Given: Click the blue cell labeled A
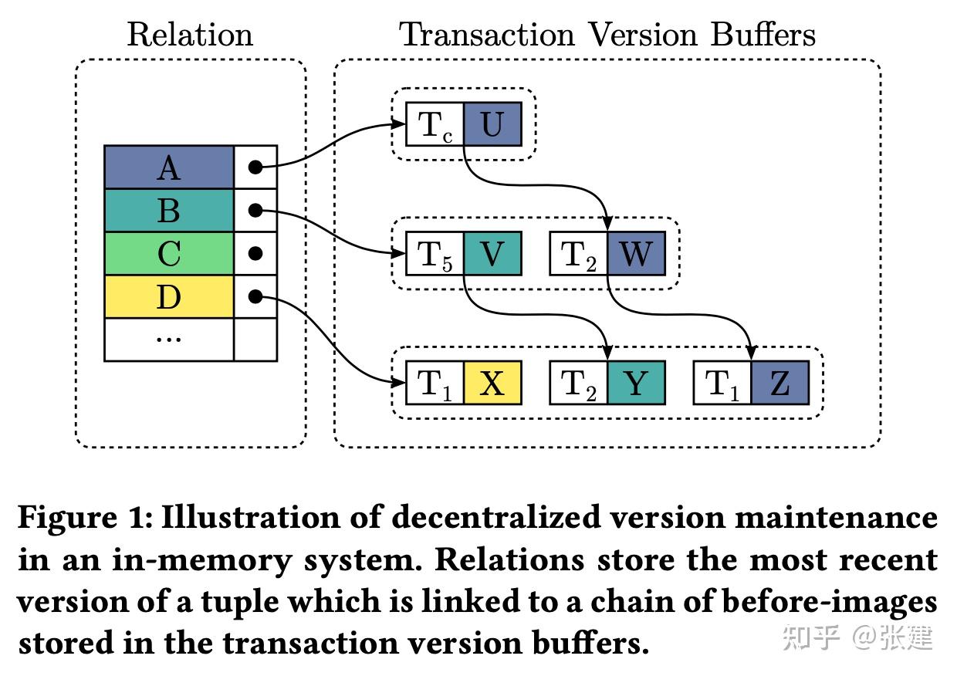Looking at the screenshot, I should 168,167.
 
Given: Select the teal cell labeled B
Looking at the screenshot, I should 168,210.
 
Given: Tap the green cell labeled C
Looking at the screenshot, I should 168,253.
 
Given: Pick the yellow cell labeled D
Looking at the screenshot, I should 168,296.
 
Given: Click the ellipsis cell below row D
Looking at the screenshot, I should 168,340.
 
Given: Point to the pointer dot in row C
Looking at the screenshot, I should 255,253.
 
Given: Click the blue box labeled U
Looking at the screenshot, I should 492,123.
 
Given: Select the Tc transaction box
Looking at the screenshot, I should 435,123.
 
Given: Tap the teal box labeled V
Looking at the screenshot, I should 492,253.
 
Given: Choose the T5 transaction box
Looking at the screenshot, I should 435,253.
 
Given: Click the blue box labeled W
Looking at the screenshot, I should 636,253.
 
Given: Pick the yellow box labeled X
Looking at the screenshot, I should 492,383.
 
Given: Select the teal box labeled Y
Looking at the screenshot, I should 636,383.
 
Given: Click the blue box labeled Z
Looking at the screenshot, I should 779,383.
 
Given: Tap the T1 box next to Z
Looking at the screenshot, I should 722,383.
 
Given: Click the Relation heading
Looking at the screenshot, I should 190,35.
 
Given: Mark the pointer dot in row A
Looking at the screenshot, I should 255,167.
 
